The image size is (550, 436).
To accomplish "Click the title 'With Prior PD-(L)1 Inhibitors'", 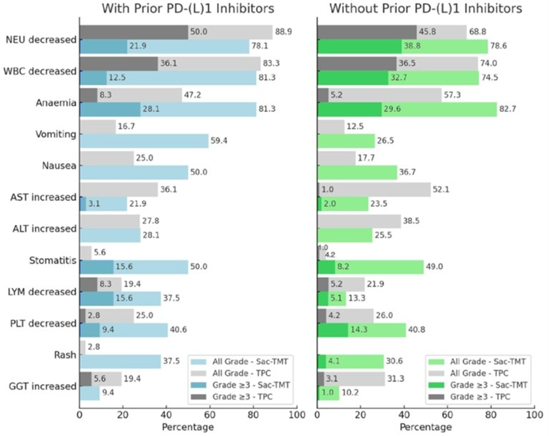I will coord(188,9).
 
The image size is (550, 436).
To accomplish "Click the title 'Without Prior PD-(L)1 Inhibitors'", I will coord(425,9).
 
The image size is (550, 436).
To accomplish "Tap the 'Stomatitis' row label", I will coord(53,260).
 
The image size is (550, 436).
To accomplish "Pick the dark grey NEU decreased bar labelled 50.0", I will coord(134,32).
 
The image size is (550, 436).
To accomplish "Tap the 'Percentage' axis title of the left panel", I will coord(188,426).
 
